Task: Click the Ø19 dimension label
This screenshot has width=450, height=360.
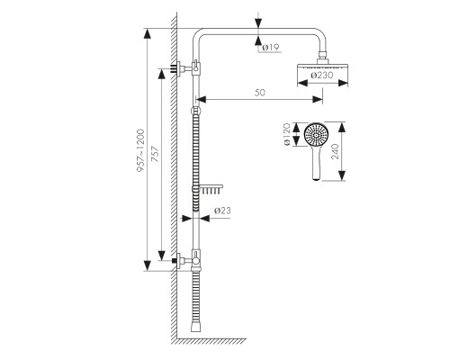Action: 271,47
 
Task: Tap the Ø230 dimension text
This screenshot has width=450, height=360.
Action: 322,76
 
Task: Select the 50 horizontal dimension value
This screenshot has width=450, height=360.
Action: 260,93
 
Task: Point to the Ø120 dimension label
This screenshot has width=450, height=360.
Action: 287,134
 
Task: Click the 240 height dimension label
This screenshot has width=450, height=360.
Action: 335,151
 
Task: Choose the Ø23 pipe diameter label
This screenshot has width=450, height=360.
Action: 222,211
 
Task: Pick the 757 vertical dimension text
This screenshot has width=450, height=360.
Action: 155,154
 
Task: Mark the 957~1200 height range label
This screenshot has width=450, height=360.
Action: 140,150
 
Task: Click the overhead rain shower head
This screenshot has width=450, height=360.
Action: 322,67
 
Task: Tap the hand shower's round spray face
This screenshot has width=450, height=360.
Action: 316,135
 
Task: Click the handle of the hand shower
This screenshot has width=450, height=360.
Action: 317,164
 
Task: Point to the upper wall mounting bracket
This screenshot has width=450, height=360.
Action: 186,68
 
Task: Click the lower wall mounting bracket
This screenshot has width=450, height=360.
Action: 186,260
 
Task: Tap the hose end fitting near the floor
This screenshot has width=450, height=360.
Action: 195,326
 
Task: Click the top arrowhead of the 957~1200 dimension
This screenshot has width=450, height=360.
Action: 147,34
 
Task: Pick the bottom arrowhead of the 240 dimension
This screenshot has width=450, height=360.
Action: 342,175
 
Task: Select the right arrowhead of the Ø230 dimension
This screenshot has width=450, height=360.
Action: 343,83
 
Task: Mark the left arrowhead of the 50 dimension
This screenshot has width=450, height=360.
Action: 202,99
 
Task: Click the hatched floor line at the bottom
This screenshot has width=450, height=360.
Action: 211,341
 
